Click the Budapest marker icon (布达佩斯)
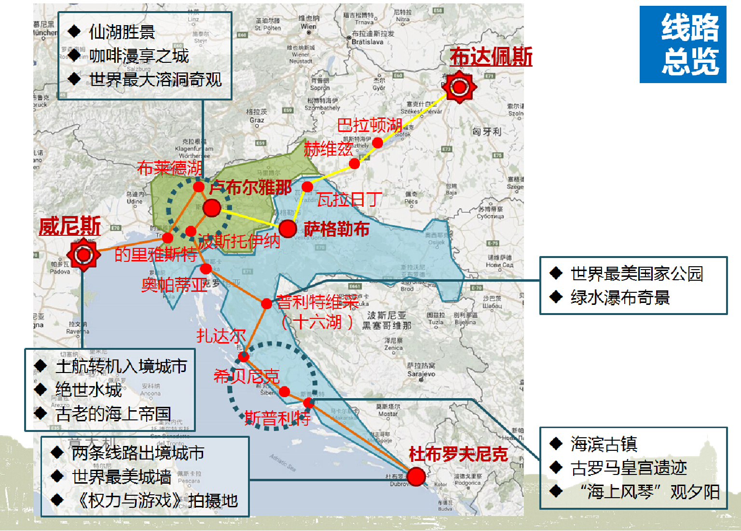pos(459,87)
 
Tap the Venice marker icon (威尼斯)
pos(83,254)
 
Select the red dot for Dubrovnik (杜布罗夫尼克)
pos(416,476)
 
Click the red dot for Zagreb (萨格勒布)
pos(288,229)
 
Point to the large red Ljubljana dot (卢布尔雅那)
pos(211,208)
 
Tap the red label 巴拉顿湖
pos(370,125)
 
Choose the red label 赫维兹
pos(328,149)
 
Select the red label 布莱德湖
pos(169,168)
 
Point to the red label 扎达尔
pos(221,336)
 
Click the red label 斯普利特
pos(277,418)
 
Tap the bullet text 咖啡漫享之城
pos(139,56)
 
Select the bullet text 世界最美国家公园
pos(637,273)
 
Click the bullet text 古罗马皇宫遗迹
pos(629,468)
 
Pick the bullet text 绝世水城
pos(89,389)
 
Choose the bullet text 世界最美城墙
pos(122,477)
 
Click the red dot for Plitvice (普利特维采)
pos(266,303)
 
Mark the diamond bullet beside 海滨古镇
pos(556,443)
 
